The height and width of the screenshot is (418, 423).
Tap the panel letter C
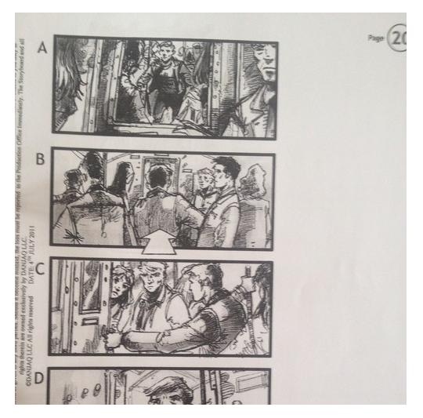(40, 267)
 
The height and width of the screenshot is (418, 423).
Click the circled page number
(398, 38)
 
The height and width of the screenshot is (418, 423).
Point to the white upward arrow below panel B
(161, 245)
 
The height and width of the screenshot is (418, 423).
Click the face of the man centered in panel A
(164, 55)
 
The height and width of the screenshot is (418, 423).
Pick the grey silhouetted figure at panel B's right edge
(254, 204)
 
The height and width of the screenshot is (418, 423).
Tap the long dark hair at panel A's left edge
(69, 78)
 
